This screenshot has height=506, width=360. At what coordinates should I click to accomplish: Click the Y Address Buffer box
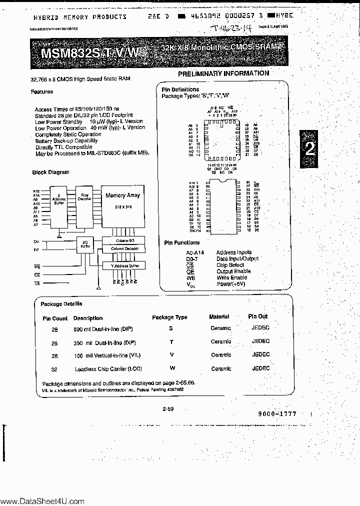click(122, 265)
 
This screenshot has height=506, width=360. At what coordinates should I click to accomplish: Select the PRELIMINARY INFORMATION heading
click(223, 73)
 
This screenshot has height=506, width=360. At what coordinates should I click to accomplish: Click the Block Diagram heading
click(50, 172)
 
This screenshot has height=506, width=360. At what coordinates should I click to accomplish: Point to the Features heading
click(41, 92)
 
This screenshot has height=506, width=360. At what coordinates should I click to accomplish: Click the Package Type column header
click(169, 317)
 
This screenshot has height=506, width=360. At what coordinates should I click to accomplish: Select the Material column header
click(219, 316)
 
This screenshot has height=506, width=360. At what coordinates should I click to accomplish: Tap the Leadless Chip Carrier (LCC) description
click(108, 369)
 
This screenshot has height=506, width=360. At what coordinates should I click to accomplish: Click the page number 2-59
click(168, 409)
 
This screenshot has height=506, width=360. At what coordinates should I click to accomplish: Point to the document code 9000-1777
click(277, 414)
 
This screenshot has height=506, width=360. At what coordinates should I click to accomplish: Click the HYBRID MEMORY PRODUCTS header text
click(80, 16)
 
